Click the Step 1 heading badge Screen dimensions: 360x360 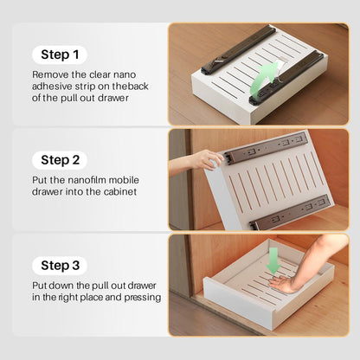point(60,55)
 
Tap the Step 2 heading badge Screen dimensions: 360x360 point(60,160)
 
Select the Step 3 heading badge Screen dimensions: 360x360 point(60,266)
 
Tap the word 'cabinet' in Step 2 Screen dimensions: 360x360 point(120,192)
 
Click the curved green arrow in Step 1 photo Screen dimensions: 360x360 point(262,79)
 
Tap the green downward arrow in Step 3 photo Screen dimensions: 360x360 point(273,260)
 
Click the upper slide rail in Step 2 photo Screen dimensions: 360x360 point(266,148)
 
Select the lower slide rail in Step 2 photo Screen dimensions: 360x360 point(290,212)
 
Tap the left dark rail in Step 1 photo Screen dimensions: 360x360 point(238,49)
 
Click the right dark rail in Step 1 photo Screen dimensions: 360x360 point(286,78)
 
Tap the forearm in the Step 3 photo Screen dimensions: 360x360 point(320,257)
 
